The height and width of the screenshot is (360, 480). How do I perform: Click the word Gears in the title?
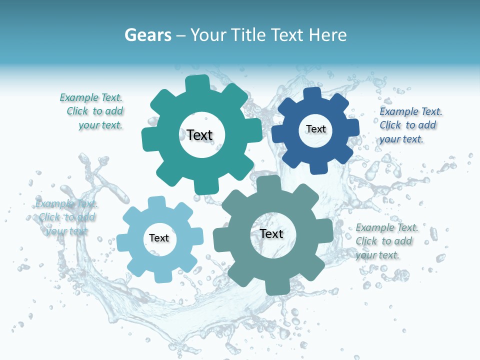click(x=147, y=35)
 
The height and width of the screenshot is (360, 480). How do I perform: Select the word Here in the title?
click(x=327, y=35)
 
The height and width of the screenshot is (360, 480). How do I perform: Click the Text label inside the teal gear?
click(x=199, y=135)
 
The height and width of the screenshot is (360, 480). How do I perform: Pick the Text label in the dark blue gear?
click(x=315, y=129)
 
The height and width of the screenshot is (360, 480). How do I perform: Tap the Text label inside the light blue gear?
click(x=159, y=238)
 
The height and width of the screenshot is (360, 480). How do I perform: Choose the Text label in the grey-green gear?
click(x=271, y=233)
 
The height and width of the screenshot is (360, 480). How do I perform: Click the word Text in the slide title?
click(x=288, y=35)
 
